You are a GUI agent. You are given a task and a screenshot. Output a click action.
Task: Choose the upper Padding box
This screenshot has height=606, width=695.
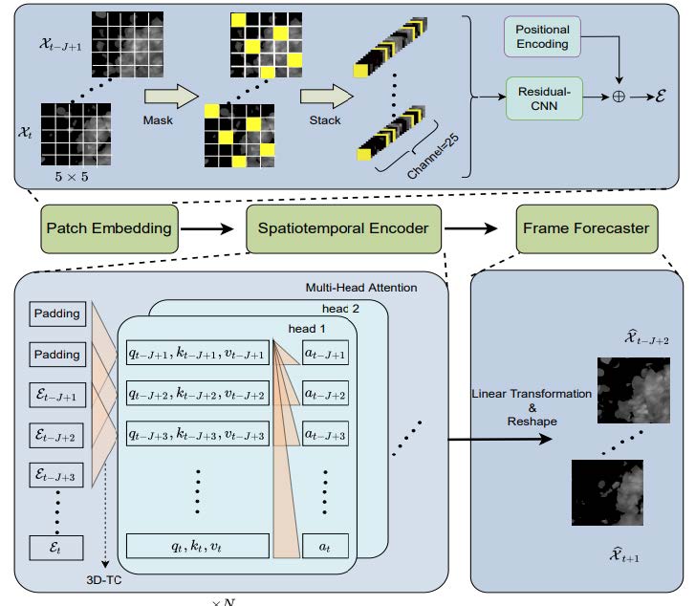tap(57, 313)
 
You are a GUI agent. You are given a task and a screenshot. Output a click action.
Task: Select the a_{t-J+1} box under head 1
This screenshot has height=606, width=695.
tap(323, 353)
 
